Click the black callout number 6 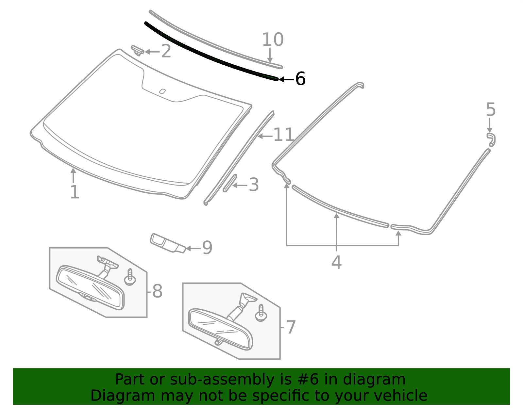coord(300,79)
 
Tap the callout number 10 coord(273,40)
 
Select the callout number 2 coord(166,51)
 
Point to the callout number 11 coord(283,134)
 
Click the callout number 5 coord(491,109)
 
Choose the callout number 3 coord(254,185)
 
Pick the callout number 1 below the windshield coord(75,192)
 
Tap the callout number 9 coord(207,247)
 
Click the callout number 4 coord(336,262)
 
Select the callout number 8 coord(158,291)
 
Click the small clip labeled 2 coord(137,50)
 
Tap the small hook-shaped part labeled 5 coord(491,139)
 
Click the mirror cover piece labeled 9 coord(168,243)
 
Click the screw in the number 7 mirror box coord(261,313)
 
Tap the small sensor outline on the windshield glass coord(162,91)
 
